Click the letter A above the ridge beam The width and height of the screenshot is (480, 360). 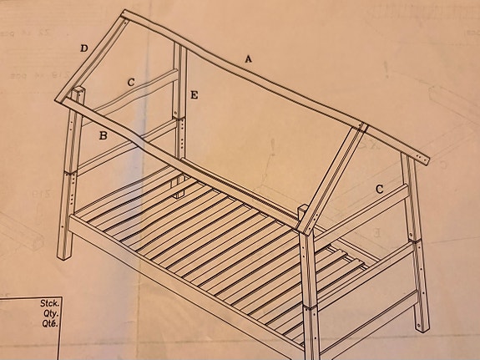tap(248, 58)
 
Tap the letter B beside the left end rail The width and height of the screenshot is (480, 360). tap(103, 135)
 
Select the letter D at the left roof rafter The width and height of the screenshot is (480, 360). tap(83, 48)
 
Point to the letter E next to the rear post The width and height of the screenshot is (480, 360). tap(194, 96)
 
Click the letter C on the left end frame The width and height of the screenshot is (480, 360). tap(131, 82)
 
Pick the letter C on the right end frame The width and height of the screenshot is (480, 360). tap(379, 190)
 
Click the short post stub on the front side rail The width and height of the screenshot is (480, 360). tap(303, 212)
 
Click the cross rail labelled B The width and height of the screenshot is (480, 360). tap(125, 145)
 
